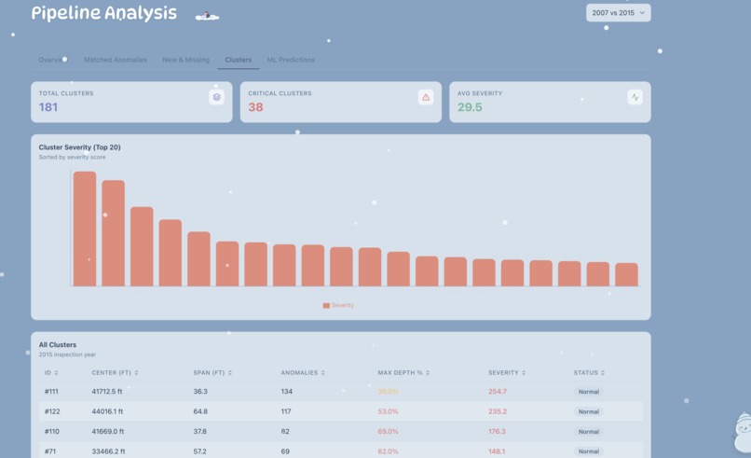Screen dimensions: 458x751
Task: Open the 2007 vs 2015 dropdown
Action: [618, 13]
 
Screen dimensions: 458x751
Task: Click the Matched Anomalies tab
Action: [116, 60]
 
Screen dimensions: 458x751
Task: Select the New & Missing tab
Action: [185, 60]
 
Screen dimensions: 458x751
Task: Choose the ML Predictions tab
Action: [291, 60]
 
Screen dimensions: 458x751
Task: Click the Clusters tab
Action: [238, 60]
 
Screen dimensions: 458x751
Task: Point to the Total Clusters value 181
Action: [48, 107]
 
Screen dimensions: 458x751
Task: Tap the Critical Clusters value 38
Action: [255, 107]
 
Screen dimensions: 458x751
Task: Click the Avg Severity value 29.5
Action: [470, 107]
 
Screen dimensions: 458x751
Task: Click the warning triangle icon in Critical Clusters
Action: [426, 97]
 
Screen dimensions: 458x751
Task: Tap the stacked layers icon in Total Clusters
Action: [216, 97]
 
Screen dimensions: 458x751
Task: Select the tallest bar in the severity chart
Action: [85, 229]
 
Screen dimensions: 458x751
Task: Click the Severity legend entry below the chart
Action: [338, 305]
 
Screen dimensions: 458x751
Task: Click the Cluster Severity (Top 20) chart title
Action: [79, 147]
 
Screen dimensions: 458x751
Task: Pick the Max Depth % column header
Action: [403, 373]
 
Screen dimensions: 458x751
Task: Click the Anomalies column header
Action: [301, 373]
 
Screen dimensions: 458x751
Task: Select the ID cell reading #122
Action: [51, 411]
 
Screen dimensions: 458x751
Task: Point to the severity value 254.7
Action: [498, 392]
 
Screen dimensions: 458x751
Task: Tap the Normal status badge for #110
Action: [588, 432]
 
